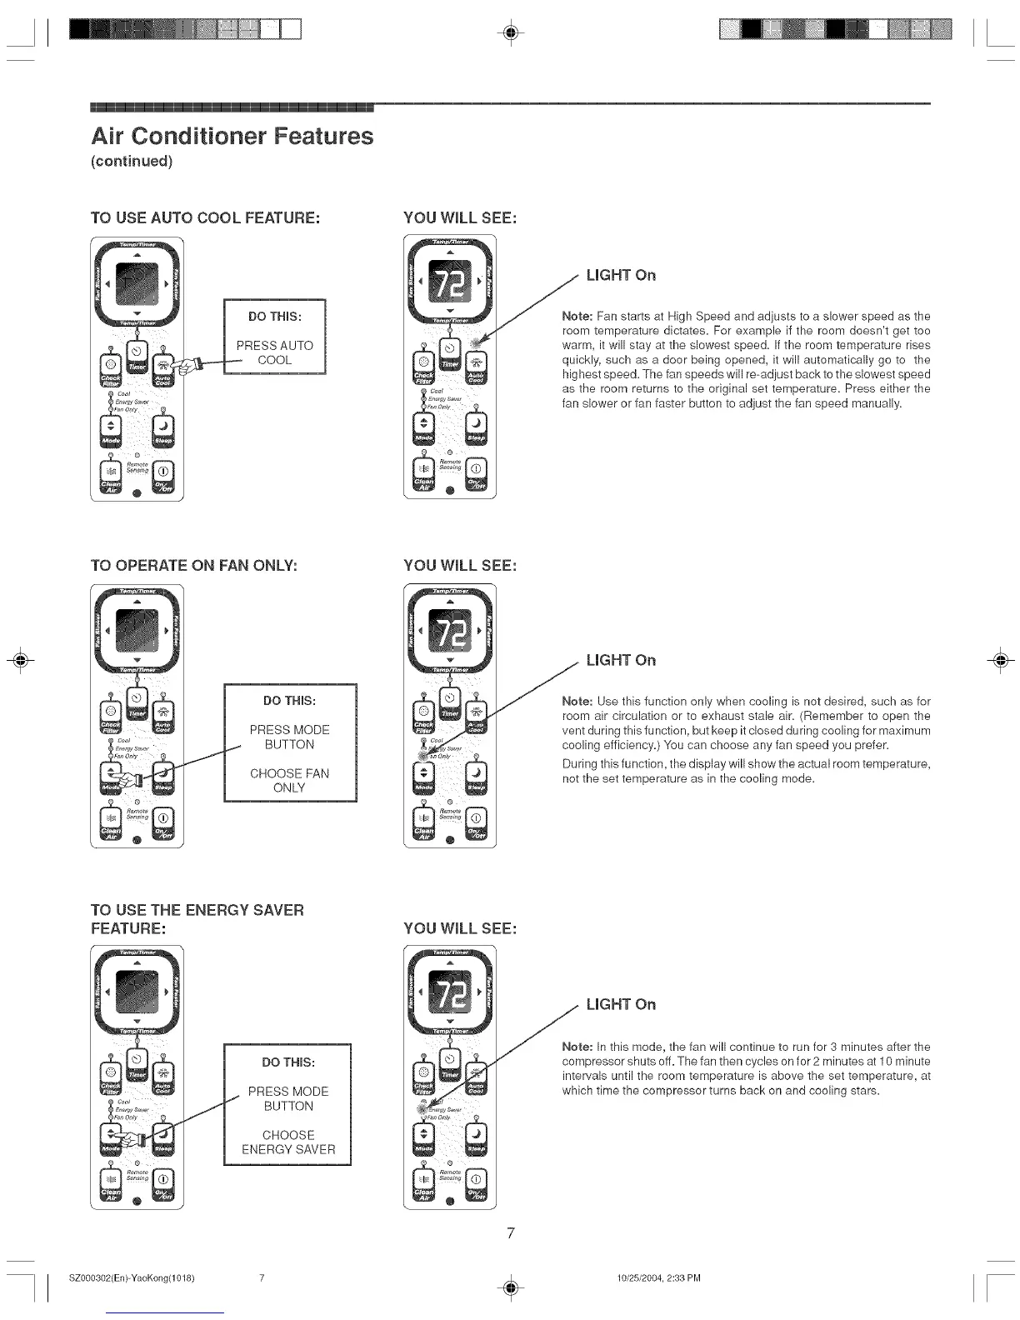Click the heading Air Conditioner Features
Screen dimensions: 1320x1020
tap(232, 136)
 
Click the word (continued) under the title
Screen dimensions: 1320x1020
tap(131, 161)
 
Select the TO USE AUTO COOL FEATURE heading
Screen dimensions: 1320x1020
tap(205, 217)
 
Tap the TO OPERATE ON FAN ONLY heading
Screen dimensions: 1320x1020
tap(193, 565)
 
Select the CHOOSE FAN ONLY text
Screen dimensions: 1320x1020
tap(289, 780)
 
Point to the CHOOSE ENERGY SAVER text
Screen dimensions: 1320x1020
tap(288, 1142)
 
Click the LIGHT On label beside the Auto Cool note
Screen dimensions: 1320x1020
tap(621, 275)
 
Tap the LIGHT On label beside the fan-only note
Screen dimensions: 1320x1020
tap(621, 660)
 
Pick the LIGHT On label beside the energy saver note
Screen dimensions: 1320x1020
tap(621, 1004)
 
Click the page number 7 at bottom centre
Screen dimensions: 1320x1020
tap(511, 1232)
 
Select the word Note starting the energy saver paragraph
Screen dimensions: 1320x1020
tap(577, 1047)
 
